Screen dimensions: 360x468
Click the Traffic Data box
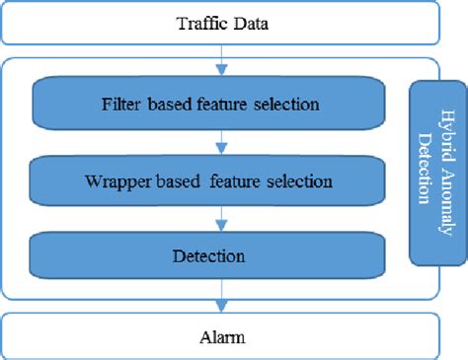222,22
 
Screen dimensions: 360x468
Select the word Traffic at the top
198,22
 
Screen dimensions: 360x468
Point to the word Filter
119,103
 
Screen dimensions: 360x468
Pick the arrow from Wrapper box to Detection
222,217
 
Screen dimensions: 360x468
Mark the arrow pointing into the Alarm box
222,296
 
